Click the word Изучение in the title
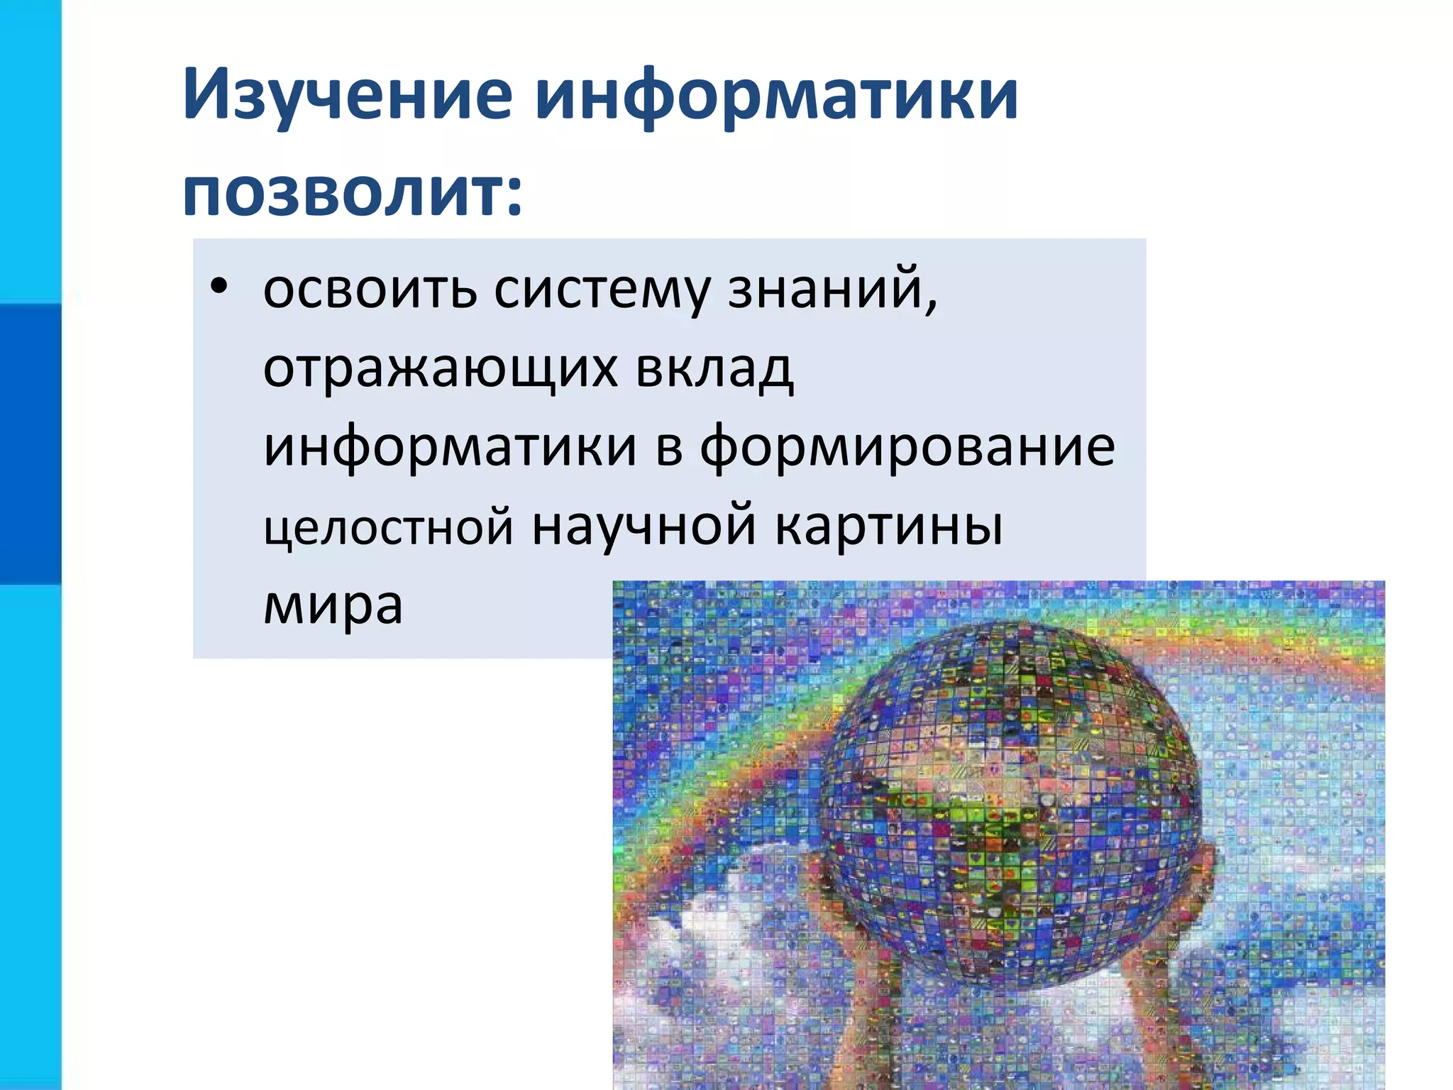348,94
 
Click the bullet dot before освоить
219,287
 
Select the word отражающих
440,369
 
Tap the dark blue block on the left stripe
31,444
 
